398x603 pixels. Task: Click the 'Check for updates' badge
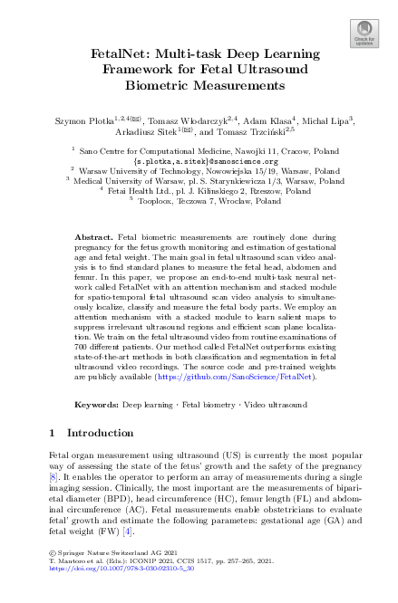point(364,33)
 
